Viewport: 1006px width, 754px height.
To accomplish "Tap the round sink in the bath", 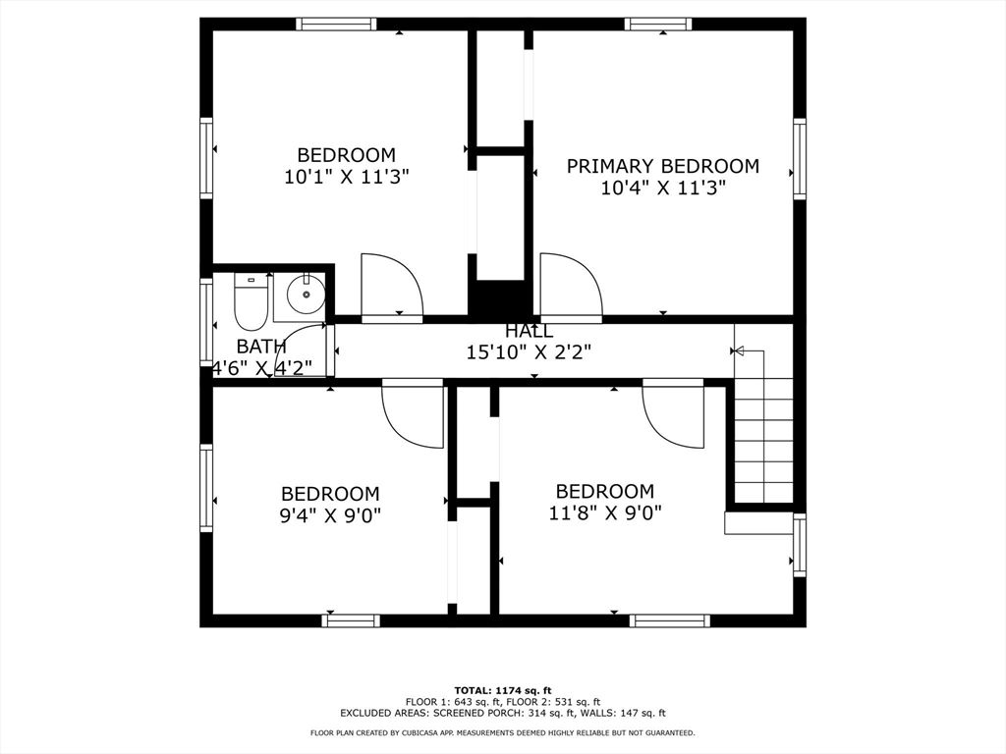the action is [307, 294].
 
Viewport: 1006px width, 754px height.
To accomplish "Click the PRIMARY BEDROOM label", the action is [663, 166].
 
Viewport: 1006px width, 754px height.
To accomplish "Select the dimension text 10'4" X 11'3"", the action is [663, 188].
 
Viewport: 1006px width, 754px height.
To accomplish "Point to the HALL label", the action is [529, 331].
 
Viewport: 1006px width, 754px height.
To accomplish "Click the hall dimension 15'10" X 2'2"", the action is [529, 352].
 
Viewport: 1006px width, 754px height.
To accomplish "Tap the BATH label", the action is [261, 347].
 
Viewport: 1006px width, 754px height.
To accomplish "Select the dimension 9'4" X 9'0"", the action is [330, 515].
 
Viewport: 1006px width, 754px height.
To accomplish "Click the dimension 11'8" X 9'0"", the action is [605, 512].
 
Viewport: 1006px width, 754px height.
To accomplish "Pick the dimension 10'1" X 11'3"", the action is [347, 177].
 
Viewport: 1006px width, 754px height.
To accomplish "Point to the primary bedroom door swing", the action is [571, 286].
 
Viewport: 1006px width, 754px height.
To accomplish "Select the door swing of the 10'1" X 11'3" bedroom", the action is [392, 286].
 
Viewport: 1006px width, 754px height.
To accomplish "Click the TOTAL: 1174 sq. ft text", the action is [503, 690].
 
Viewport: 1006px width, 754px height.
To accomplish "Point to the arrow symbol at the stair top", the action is [738, 350].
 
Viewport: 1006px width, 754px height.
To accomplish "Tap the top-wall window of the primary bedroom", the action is [658, 25].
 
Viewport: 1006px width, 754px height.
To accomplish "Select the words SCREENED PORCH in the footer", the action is [478, 713].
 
